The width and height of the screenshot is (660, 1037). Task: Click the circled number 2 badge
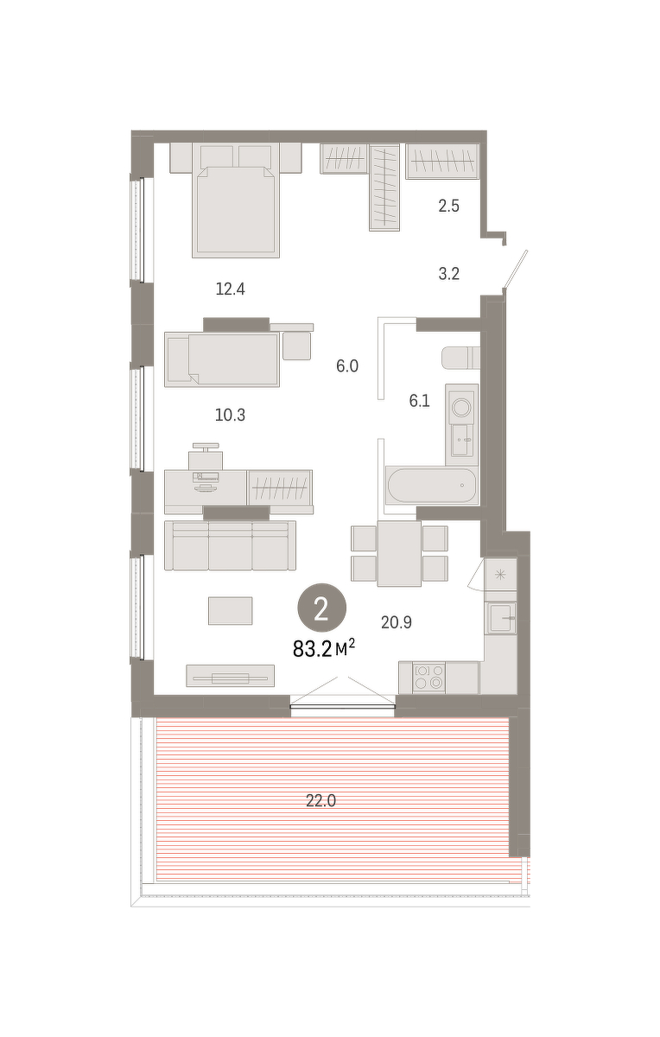point(322,608)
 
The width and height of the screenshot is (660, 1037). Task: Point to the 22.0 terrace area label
point(320,799)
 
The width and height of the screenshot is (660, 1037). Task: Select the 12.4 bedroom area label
point(230,289)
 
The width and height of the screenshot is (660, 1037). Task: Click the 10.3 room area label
point(230,415)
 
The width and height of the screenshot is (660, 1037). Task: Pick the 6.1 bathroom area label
point(419,400)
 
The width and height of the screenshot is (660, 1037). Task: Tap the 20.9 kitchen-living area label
point(397,623)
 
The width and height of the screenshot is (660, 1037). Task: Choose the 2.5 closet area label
point(448,206)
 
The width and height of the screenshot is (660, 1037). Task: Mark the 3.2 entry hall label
point(448,274)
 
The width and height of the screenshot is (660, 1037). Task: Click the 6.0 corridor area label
point(347,366)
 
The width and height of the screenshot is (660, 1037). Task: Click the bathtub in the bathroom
point(432,485)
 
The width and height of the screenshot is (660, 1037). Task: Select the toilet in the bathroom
point(460,358)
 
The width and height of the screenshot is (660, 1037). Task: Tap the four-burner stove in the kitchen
point(428,677)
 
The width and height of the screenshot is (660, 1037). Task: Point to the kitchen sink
point(501,618)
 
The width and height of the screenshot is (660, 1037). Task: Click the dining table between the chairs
point(399,553)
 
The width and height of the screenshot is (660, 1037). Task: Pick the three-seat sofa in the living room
point(230,545)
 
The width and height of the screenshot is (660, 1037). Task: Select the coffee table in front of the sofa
point(230,611)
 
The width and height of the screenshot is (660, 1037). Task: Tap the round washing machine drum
point(462,408)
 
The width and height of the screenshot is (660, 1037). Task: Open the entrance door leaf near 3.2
point(516,270)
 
